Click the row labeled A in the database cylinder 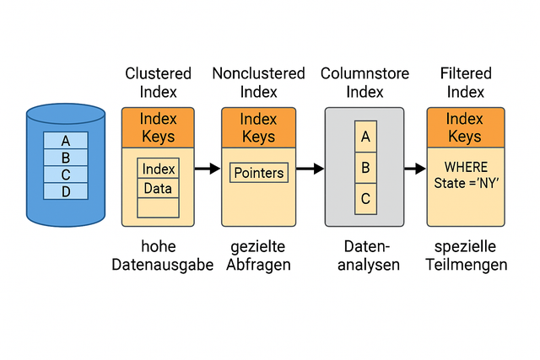tap(66, 141)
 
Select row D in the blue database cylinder tap(66, 191)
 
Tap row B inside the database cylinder tap(66, 158)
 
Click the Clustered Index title tap(158, 83)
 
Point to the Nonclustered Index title tap(258, 83)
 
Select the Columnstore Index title tap(364, 83)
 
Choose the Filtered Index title tap(465, 83)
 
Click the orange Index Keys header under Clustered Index tap(158, 127)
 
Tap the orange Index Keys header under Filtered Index tap(465, 127)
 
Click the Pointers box tap(259, 173)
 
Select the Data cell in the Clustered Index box tap(158, 188)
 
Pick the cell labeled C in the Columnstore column tap(365, 199)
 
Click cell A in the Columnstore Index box tap(365, 136)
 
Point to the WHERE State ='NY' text tap(465, 175)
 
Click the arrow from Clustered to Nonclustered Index tap(207, 169)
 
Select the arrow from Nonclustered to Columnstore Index tap(310, 169)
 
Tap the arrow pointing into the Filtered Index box tap(414, 169)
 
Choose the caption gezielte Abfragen tap(258, 255)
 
